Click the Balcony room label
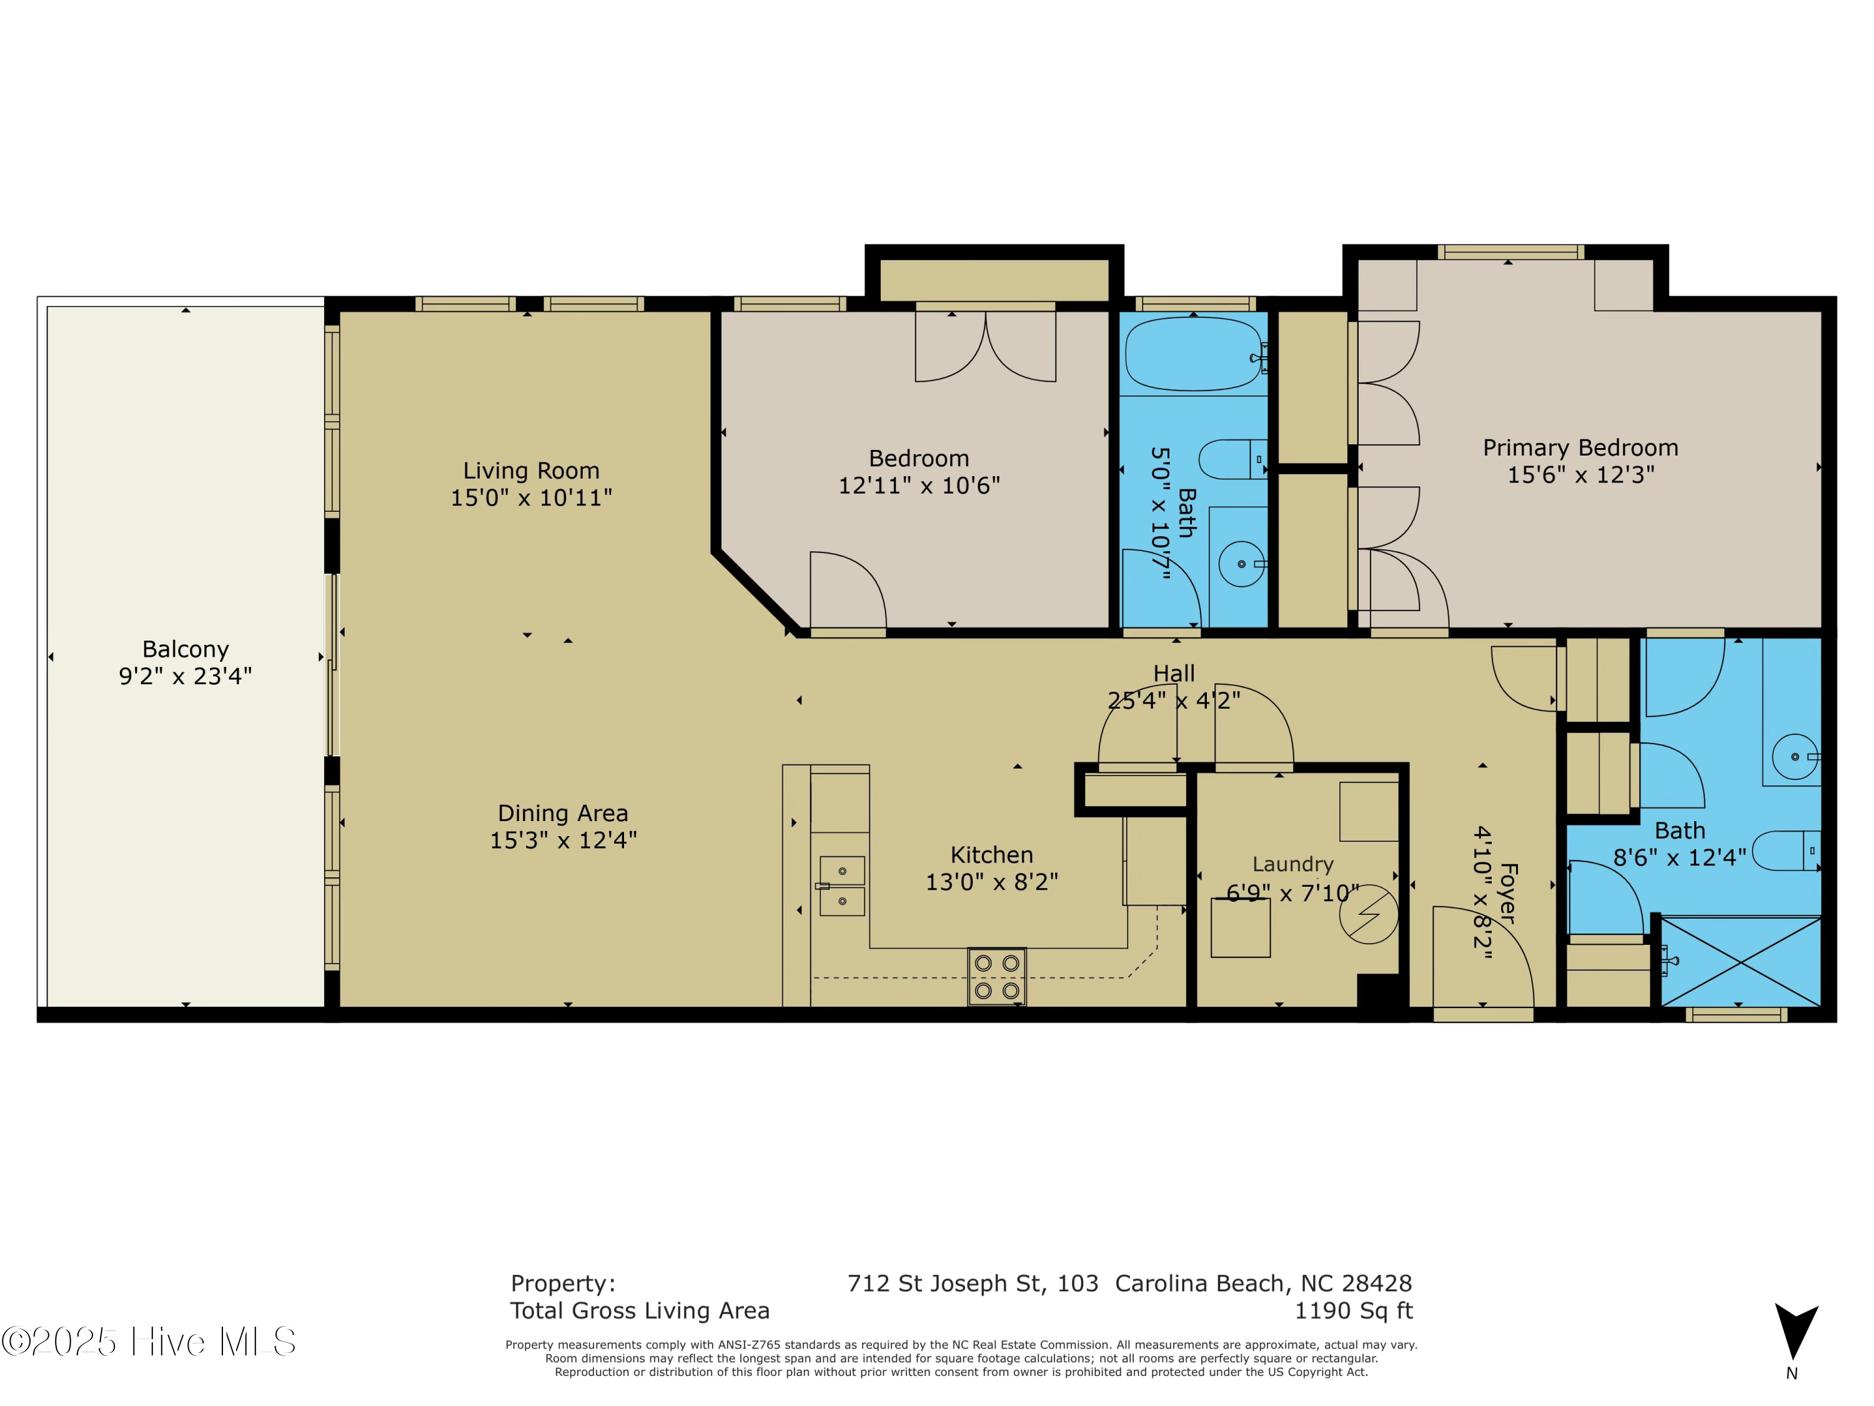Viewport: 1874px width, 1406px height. (x=186, y=649)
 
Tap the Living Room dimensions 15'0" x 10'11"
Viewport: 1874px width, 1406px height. (x=531, y=497)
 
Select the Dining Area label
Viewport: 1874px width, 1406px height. (x=563, y=813)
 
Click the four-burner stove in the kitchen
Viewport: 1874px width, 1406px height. (x=996, y=976)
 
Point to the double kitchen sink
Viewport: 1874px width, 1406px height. (x=841, y=885)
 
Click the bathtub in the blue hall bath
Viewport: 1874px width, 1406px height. (x=1193, y=354)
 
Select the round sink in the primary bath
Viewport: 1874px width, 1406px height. (x=1795, y=756)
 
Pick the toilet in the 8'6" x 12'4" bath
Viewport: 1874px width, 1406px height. (x=1786, y=850)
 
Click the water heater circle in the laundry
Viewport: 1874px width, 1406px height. (x=1368, y=914)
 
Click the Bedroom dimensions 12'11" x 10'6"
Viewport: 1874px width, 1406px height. (x=920, y=486)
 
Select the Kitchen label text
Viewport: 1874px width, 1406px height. (x=991, y=854)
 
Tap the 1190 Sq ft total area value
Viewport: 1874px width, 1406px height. (x=1353, y=1310)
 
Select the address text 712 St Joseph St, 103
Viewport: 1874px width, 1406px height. (x=973, y=1283)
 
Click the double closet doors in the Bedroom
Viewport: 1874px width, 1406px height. (x=985, y=346)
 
